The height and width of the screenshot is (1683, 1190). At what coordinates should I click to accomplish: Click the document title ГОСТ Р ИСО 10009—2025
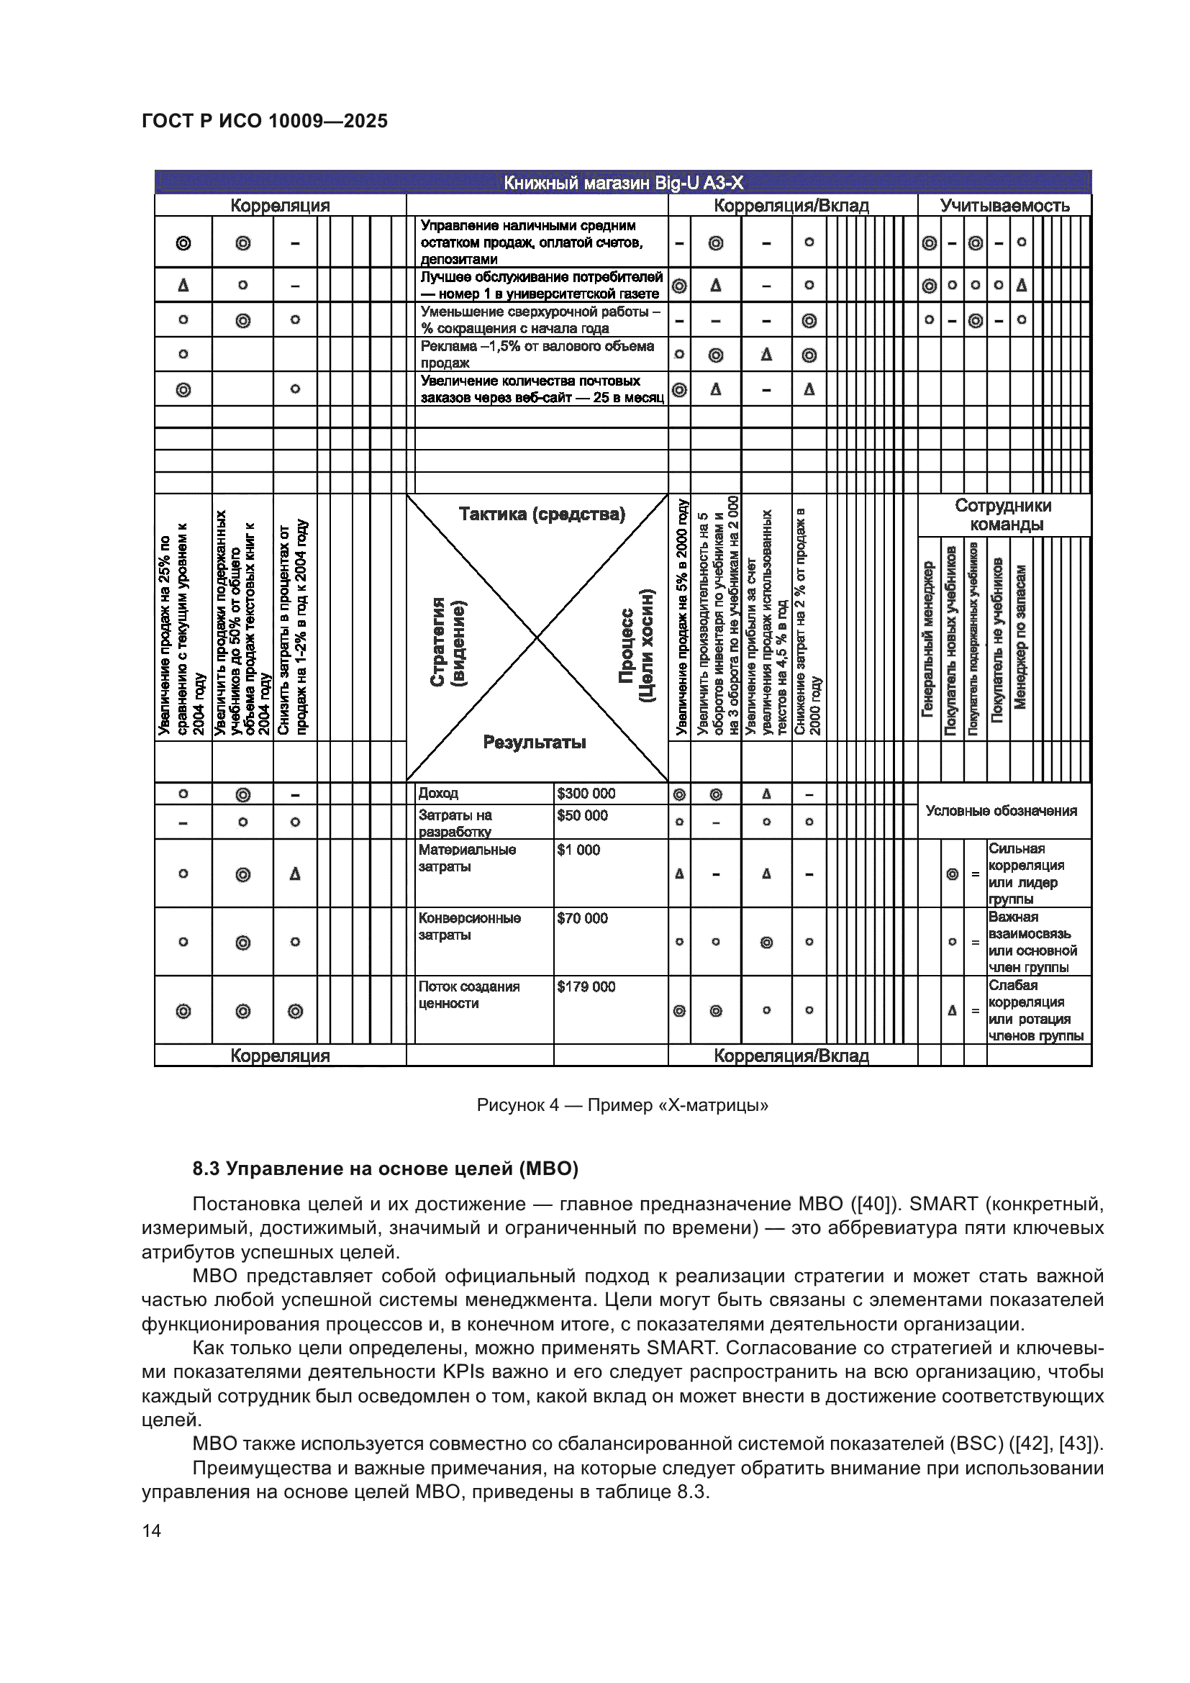click(x=265, y=121)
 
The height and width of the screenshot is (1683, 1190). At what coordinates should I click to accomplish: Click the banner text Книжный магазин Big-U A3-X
click(x=623, y=183)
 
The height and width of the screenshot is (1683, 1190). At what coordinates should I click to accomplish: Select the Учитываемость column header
click(x=1004, y=205)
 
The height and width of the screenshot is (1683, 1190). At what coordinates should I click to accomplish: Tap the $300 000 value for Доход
click(x=586, y=793)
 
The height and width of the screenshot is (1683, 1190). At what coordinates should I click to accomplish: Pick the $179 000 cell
click(x=586, y=986)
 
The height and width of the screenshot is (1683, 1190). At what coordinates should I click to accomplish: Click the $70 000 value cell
click(x=582, y=918)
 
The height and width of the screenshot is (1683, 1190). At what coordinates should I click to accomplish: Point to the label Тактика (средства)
click(x=542, y=514)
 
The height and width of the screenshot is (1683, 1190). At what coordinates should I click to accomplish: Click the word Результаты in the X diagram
click(x=534, y=742)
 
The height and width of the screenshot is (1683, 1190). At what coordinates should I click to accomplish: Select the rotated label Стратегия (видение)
click(x=447, y=641)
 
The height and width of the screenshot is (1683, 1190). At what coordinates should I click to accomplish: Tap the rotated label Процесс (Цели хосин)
click(x=636, y=645)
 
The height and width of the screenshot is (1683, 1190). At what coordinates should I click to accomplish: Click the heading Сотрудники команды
click(x=1003, y=514)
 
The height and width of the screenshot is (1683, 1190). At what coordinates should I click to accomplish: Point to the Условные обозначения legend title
click(x=1001, y=811)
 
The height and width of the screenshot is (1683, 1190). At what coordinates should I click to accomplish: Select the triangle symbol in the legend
click(x=952, y=1010)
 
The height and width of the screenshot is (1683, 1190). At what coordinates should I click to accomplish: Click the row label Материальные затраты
click(x=467, y=858)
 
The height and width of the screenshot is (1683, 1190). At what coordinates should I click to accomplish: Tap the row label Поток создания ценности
click(x=468, y=994)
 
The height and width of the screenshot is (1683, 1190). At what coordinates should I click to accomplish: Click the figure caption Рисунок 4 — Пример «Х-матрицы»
click(x=622, y=1104)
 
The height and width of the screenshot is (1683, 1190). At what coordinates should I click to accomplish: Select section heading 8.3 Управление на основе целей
click(x=385, y=1169)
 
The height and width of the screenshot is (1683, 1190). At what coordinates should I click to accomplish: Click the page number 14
click(x=152, y=1530)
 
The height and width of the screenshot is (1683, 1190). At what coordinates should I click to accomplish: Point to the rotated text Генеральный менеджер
click(x=927, y=638)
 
